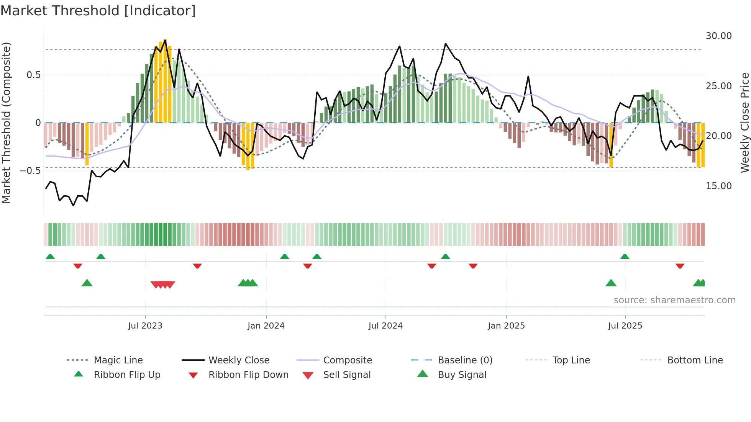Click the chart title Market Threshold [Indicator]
98,11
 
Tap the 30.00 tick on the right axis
718,36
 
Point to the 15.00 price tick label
718,186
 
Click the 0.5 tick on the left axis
33,75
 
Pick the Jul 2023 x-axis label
145,326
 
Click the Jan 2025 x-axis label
506,326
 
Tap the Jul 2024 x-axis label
385,326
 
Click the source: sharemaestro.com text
674,300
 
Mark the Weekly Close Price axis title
744,123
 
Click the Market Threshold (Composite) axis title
6,123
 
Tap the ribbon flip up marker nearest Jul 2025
625,257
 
